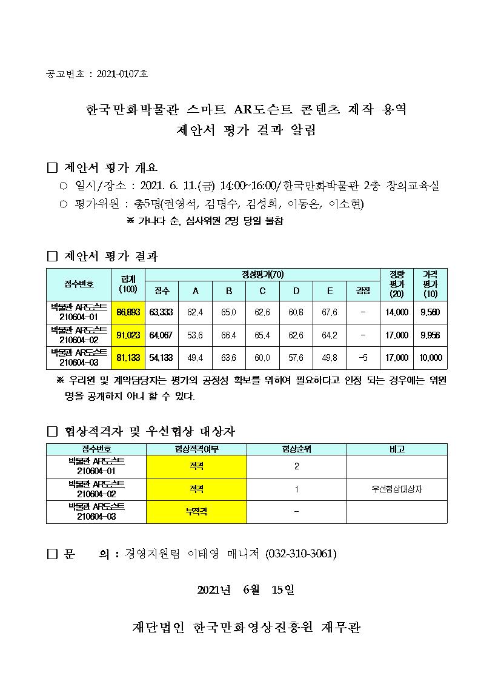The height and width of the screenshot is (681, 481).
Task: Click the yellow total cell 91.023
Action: click(128, 335)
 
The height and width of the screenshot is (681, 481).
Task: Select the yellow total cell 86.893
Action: click(128, 312)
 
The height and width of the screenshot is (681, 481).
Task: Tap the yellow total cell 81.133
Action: click(128, 358)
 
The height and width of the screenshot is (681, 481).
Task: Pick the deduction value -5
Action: click(363, 358)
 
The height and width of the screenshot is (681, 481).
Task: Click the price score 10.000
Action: click(430, 358)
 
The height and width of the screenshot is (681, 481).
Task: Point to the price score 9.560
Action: click(430, 312)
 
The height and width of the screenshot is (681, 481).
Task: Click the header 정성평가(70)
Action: click(262, 274)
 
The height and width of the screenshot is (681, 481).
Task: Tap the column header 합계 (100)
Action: click(128, 284)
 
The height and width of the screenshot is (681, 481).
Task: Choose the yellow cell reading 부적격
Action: click(196, 511)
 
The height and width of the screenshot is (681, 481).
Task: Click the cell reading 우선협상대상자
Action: click(397, 489)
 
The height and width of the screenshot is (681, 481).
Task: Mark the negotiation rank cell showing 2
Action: click(296, 466)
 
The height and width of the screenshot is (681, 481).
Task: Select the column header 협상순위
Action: click(296, 449)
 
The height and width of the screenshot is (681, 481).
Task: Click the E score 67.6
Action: click(330, 312)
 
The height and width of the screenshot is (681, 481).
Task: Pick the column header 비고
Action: click(397, 449)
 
